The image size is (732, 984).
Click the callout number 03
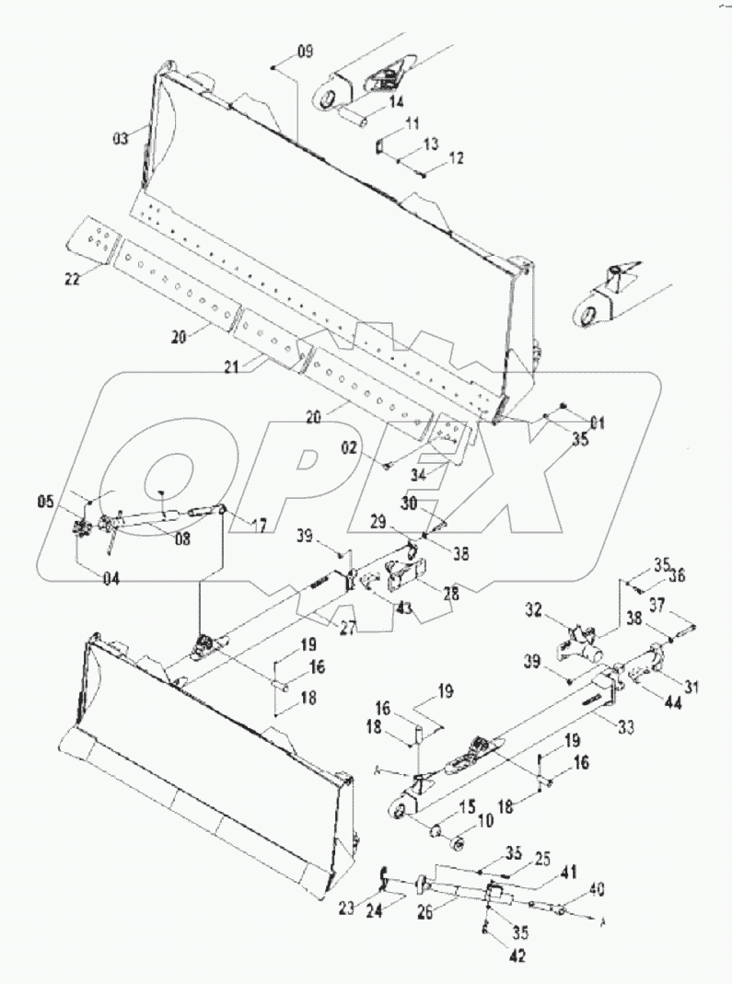coord(121,139)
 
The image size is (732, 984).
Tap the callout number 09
coord(304,52)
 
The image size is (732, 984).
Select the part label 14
coord(396,102)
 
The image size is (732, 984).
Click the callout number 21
coord(231,366)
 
